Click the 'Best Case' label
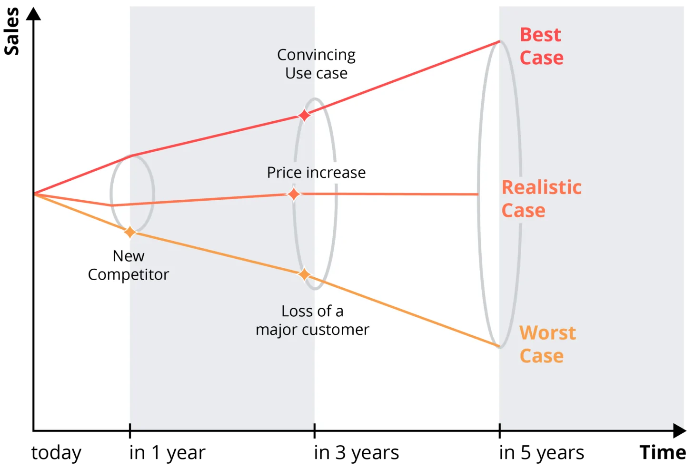coord(541,46)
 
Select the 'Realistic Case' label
coord(541,199)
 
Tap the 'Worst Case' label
coord(547,344)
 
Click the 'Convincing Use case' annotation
coord(316,64)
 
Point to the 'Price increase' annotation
coord(316,172)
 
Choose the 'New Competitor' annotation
coord(129,265)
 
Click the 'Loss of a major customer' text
coord(312,320)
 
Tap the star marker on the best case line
coord(304,115)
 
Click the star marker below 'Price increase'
coord(294,195)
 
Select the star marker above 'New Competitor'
coord(130,232)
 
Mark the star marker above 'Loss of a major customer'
coord(304,274)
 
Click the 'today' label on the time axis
coord(56,453)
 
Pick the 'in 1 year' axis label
coord(167,453)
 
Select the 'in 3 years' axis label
coord(356,452)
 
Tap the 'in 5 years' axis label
coord(541,452)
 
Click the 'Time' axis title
coord(663,452)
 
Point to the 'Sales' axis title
coord(12,31)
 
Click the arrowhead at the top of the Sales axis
coord(33,14)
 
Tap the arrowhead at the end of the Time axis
coord(679,431)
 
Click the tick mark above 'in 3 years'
coord(315,431)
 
